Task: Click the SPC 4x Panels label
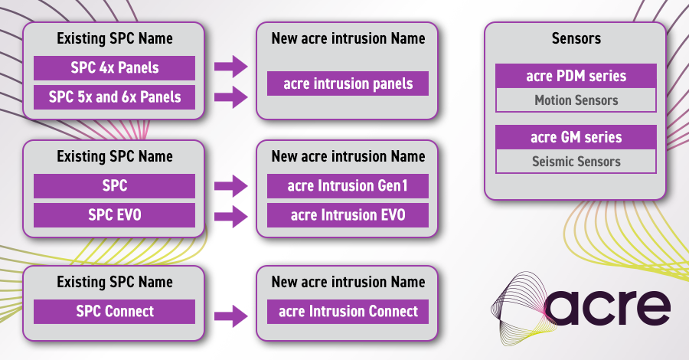pos(114,68)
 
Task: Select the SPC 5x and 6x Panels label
pos(114,97)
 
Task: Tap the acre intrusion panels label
pos(348,83)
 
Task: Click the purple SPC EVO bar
pos(114,215)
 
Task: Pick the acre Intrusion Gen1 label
pos(348,186)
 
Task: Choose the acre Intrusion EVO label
pos(348,215)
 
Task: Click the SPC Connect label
pos(114,311)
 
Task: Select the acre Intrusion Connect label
pos(348,311)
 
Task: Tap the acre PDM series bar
pos(576,76)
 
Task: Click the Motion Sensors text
pos(576,100)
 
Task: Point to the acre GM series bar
pos(576,137)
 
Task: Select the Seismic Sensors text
pos(576,162)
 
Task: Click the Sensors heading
pos(576,38)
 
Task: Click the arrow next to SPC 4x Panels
pos(230,68)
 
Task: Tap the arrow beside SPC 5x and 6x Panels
pos(230,97)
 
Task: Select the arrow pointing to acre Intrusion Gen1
pos(230,186)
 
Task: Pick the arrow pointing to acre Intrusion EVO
pos(230,215)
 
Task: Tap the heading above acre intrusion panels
pos(348,38)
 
